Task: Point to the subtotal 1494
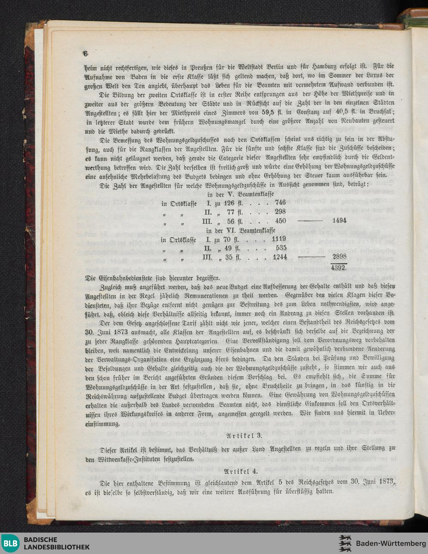pyautogui.click(x=339, y=220)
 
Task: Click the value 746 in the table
pyautogui.click(x=280, y=203)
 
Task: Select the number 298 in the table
pyautogui.click(x=280, y=211)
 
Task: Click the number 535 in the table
pyautogui.click(x=281, y=248)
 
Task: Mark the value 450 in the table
pyautogui.click(x=280, y=221)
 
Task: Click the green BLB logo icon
pyautogui.click(x=10, y=543)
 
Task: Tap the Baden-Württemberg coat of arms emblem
pyautogui.click(x=345, y=543)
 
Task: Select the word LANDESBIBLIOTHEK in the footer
pyautogui.click(x=56, y=547)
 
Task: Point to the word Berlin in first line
pyautogui.click(x=276, y=67)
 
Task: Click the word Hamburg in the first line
pyautogui.click(x=325, y=67)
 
